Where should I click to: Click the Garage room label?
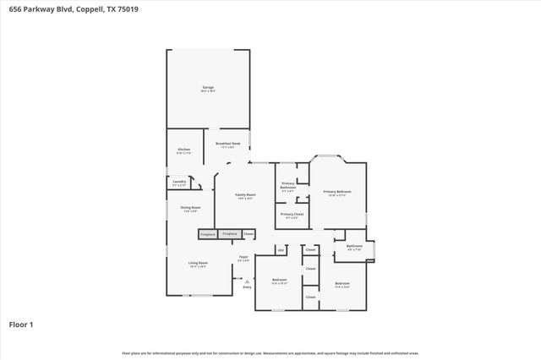(207, 88)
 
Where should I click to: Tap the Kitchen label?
(183, 150)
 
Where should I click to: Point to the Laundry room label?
(178, 182)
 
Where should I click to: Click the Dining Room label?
(190, 208)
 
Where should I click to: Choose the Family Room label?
(245, 195)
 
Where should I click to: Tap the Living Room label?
(197, 264)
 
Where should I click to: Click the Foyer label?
(243, 257)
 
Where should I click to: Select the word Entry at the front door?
(248, 287)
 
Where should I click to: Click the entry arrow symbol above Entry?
(248, 281)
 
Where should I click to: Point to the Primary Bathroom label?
(288, 187)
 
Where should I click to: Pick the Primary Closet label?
(288, 215)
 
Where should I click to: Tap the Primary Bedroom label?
(337, 193)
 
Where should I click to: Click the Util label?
(280, 250)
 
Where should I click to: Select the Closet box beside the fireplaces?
(249, 233)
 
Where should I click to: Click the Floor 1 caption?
(21, 324)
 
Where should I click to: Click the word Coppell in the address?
(90, 8)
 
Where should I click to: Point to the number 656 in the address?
(14, 8)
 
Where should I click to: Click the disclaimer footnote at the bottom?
(270, 353)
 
